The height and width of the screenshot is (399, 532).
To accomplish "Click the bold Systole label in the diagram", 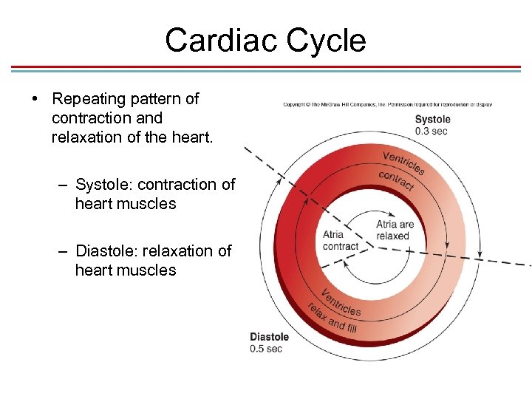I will (432, 120).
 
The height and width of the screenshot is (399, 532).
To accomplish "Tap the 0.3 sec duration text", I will (431, 132).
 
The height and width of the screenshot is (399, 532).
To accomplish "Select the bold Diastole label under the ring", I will (269, 337).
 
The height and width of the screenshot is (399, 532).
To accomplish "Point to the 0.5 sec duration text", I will (266, 349).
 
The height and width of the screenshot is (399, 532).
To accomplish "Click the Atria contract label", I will (340, 241).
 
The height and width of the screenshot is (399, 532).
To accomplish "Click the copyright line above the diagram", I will (387, 104).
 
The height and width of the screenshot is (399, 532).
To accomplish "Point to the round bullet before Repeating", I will (35, 99).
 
